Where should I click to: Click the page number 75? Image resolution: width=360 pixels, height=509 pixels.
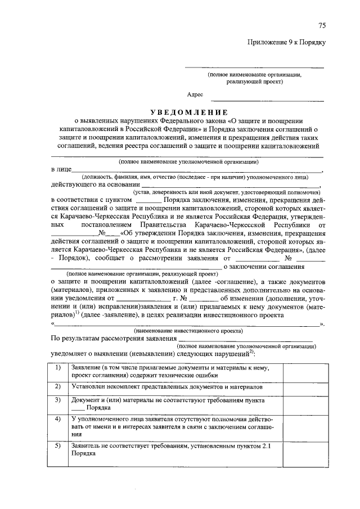[x=322, y=25]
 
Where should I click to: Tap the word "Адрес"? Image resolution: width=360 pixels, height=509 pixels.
[x=195, y=95]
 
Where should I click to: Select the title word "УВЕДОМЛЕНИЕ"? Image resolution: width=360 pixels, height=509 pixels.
[x=184, y=111]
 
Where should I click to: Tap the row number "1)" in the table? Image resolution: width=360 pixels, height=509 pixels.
[x=57, y=367]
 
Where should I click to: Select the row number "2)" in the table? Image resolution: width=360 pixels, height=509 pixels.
[x=57, y=388]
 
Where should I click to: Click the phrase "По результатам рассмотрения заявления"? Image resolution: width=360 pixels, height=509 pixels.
[x=110, y=339]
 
